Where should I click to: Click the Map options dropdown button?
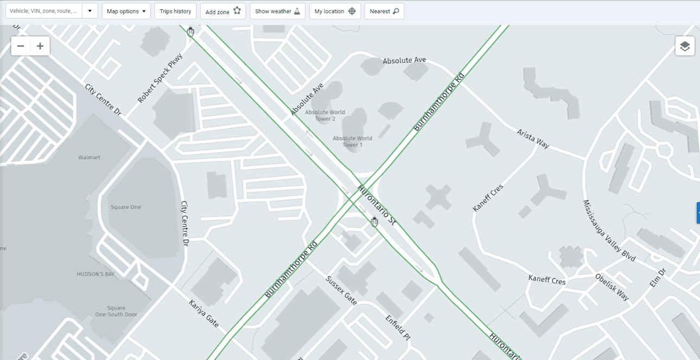tap(126, 11)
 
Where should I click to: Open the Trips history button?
tap(175, 11)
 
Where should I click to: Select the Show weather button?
tap(277, 11)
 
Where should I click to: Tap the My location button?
tap(335, 11)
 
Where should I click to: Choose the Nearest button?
tap(384, 11)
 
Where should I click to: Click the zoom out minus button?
tap(21, 46)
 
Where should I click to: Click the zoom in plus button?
tap(40, 46)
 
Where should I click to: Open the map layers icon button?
tap(685, 46)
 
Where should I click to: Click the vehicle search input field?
tap(44, 11)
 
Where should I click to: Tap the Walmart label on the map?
tap(89, 157)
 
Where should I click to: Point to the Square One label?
tap(126, 207)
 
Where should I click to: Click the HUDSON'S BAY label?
tap(96, 274)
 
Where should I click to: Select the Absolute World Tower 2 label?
tap(325, 116)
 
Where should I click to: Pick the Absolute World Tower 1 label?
tap(352, 142)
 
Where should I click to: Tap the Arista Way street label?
tap(533, 138)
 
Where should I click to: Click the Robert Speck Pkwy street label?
tap(160, 78)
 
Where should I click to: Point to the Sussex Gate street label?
tap(341, 290)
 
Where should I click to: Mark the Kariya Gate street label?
tap(203, 314)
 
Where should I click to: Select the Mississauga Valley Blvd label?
tap(609, 231)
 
